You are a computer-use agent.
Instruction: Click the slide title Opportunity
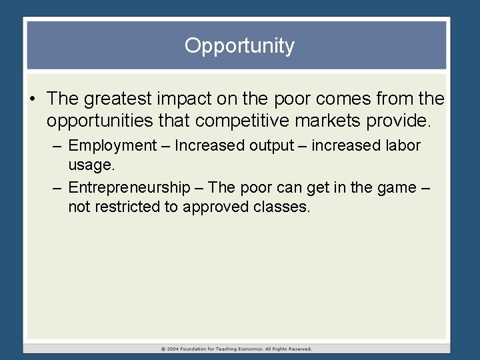click(x=239, y=46)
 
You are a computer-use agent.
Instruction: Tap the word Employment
click(x=111, y=145)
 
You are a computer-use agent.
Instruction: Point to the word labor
click(x=403, y=145)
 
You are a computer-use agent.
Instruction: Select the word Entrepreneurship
click(x=129, y=187)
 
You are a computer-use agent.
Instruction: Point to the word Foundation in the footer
click(x=198, y=349)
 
